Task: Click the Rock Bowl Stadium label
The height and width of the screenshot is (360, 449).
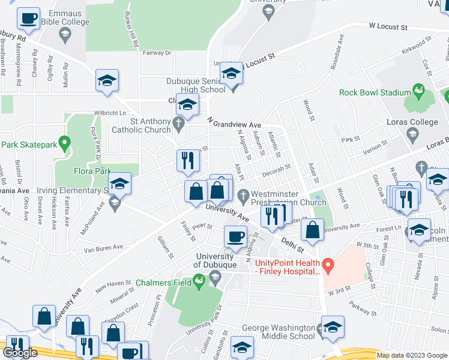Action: pyautogui.click(x=375, y=92)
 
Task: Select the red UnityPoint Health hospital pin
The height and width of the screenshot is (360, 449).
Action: pyautogui.click(x=327, y=264)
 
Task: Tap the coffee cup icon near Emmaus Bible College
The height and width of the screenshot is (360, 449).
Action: pyautogui.click(x=28, y=19)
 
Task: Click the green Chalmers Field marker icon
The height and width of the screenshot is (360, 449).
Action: pyautogui.click(x=199, y=280)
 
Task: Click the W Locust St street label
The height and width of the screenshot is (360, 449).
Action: pyautogui.click(x=388, y=27)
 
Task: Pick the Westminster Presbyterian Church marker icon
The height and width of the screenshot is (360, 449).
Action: pyautogui.click(x=243, y=194)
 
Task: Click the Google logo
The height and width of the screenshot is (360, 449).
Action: pyautogui.click(x=20, y=353)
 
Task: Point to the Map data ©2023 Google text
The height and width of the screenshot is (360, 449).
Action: pyautogui.click(x=411, y=355)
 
